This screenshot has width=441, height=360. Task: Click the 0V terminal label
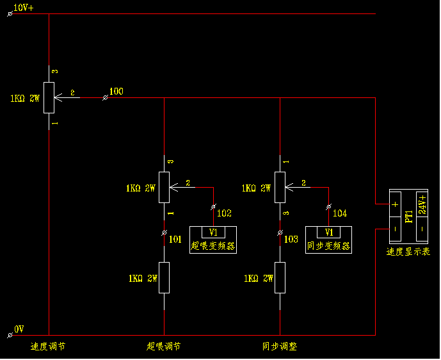click(x=19, y=329)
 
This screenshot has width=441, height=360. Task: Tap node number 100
click(x=116, y=92)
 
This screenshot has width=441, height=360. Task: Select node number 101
click(x=175, y=239)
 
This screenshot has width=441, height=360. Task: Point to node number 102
click(x=225, y=213)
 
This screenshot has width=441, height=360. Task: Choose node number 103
click(x=291, y=239)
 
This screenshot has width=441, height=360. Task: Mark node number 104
click(x=340, y=213)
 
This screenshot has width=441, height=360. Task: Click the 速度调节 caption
click(x=48, y=347)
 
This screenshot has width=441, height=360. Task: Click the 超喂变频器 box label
click(x=213, y=245)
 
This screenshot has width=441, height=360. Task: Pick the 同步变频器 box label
click(x=329, y=245)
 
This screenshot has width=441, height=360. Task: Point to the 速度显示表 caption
click(x=408, y=252)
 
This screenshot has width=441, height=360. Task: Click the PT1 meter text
click(x=408, y=215)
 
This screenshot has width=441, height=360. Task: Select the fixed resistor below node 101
click(x=164, y=278)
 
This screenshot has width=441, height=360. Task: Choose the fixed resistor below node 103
click(x=280, y=278)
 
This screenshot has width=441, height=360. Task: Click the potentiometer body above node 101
click(x=164, y=187)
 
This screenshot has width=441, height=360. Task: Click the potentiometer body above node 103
click(x=280, y=187)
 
